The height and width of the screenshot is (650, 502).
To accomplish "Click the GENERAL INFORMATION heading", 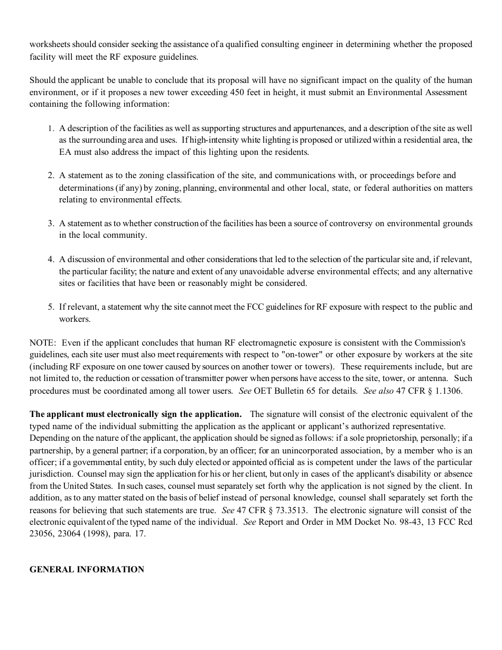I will (x=87, y=569).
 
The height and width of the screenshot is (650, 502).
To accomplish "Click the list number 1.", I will (x=51, y=128).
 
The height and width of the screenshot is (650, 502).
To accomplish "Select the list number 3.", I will (x=51, y=224).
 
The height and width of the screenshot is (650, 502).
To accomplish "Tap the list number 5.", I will (x=51, y=307).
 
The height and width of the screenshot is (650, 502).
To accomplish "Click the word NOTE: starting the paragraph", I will (x=43, y=343).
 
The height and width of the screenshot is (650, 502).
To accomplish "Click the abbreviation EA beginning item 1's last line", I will (x=64, y=152).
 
